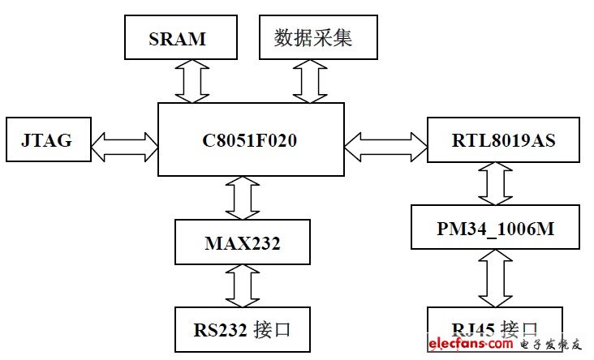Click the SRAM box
point(178,39)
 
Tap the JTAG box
point(46,140)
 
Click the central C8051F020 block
point(250,140)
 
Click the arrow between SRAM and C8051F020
point(193,81)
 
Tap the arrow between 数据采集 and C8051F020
point(311,81)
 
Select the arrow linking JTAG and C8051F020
point(123,146)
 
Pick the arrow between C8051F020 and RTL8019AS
point(385,146)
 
